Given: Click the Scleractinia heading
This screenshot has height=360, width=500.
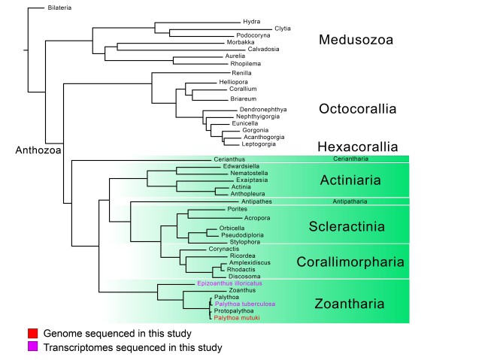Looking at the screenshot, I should click(x=347, y=226).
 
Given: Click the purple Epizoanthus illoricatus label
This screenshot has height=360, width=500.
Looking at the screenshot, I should click(x=229, y=283).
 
